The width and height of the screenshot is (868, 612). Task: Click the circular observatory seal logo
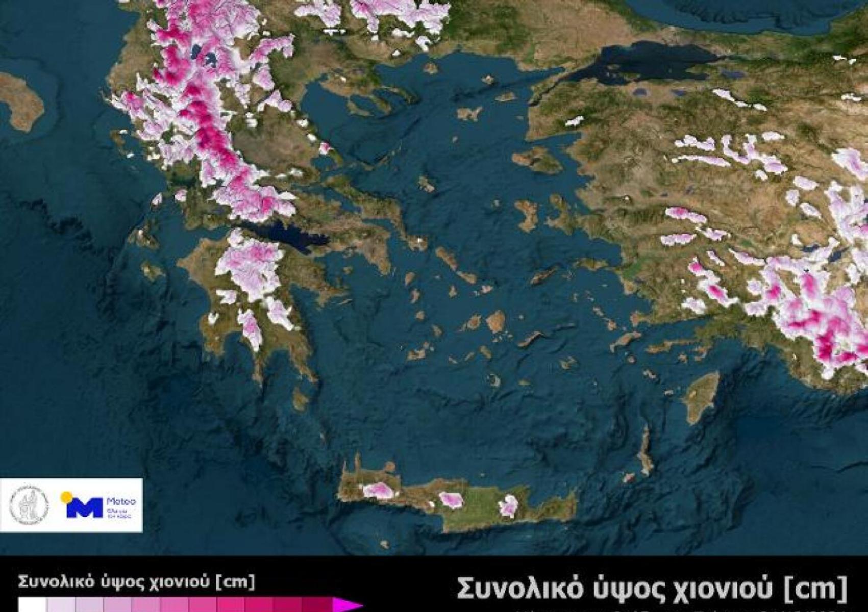pyautogui.click(x=29, y=505)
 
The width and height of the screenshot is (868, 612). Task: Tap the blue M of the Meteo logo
pyautogui.click(x=84, y=508)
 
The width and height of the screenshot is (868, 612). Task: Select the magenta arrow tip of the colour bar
pyautogui.click(x=347, y=606)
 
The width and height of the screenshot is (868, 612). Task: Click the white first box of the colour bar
pyautogui.click(x=32, y=606)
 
